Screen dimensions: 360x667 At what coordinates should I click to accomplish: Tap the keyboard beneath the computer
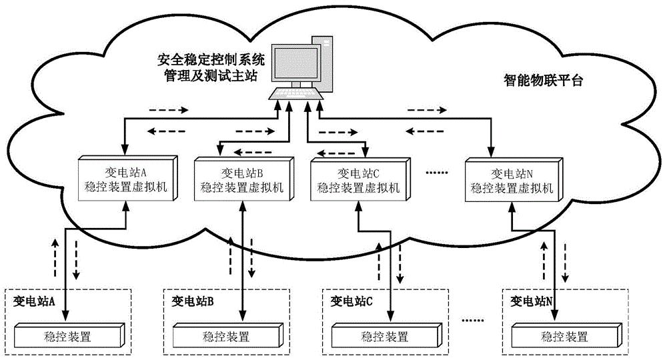click(x=297, y=94)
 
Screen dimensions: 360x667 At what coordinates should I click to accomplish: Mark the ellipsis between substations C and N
click(x=475, y=321)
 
